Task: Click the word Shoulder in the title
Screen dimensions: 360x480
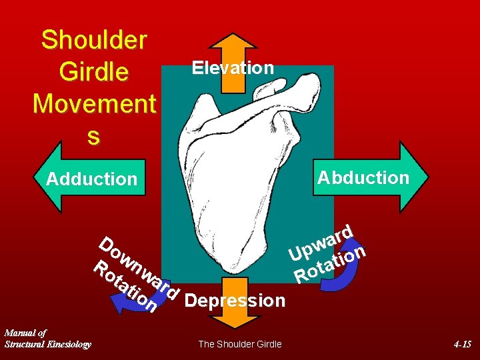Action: tap(94, 40)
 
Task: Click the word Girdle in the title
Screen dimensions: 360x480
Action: tap(94, 71)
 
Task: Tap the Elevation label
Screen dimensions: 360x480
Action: tap(233, 68)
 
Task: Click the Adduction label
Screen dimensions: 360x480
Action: tap(91, 179)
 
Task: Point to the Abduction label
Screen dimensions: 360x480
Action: tap(363, 177)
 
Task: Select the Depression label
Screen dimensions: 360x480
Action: tap(235, 301)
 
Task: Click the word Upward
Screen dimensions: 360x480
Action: tap(321, 244)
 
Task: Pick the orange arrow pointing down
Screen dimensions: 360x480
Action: tap(233, 319)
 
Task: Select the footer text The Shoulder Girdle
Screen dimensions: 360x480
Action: tap(240, 344)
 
